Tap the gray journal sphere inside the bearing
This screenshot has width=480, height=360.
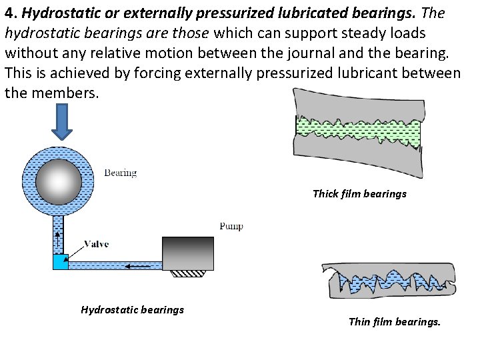pyautogui.click(x=58, y=181)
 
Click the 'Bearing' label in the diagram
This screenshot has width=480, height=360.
pyautogui.click(x=120, y=173)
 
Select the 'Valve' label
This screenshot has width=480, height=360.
pyautogui.click(x=97, y=244)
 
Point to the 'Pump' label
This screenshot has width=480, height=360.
pyautogui.click(x=231, y=226)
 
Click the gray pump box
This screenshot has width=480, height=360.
pyautogui.click(x=189, y=254)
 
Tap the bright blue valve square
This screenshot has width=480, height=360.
pyautogui.click(x=61, y=261)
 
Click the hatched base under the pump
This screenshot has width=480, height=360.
pyautogui.click(x=188, y=273)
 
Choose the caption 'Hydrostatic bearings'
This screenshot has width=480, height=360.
pyautogui.click(x=132, y=309)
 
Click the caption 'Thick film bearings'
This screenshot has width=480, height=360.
pyautogui.click(x=359, y=195)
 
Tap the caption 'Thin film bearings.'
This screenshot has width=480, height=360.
pyautogui.click(x=395, y=322)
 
